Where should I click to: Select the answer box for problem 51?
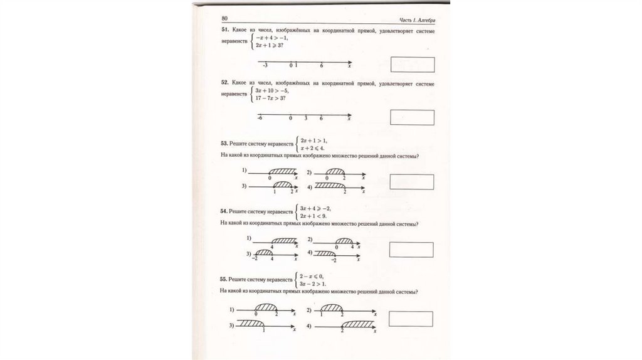(412, 65)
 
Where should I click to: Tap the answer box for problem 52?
(412, 117)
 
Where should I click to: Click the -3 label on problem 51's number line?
(265, 65)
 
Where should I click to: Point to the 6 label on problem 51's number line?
(321, 65)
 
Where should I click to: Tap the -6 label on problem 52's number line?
(260, 118)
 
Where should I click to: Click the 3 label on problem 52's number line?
(306, 118)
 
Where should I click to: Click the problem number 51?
(224, 31)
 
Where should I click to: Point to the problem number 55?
(224, 278)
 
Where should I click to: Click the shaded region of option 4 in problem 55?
(358, 322)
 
